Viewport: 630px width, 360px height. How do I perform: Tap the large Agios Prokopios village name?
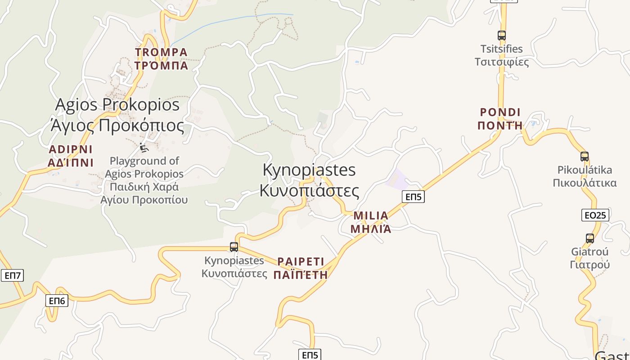[x=117, y=115]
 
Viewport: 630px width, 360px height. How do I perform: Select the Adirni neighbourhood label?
[x=70, y=156]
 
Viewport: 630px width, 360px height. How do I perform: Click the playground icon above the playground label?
[x=144, y=147]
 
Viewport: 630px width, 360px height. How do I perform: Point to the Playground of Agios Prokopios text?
[x=144, y=180]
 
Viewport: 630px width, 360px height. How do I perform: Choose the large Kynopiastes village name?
[x=309, y=180]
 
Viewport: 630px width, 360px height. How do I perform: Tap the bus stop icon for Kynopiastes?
[x=234, y=247]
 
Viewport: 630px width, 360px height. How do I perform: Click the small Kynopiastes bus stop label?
[x=234, y=267]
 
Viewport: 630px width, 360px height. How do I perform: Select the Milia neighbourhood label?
[x=371, y=222]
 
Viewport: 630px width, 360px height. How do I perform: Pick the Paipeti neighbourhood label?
[x=301, y=268]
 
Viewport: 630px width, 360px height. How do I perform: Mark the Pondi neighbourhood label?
[x=500, y=119]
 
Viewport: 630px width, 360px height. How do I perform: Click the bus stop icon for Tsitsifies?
[x=501, y=35]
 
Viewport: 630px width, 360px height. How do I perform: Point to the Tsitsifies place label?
[x=502, y=55]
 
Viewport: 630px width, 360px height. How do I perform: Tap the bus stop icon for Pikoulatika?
[x=585, y=157]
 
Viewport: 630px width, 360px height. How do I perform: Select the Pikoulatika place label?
[x=585, y=176]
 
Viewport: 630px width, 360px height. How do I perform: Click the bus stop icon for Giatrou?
[x=589, y=238]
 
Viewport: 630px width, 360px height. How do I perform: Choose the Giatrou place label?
[x=589, y=258]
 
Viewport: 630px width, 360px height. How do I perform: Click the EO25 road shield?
[x=595, y=215]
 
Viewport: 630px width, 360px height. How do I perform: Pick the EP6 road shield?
[x=57, y=301]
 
